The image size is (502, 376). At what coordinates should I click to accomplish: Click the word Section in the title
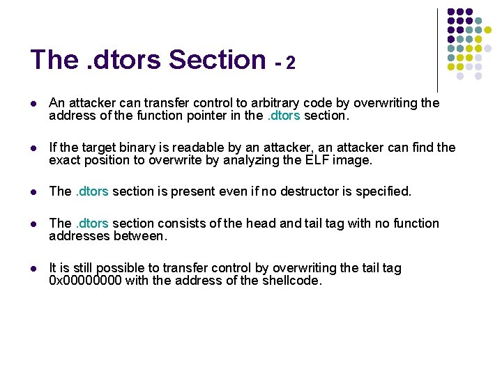[217, 60]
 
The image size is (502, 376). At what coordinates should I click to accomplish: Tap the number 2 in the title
[291, 63]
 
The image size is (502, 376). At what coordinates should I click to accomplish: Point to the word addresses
[79, 236]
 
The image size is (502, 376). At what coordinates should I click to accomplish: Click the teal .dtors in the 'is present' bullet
[91, 191]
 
